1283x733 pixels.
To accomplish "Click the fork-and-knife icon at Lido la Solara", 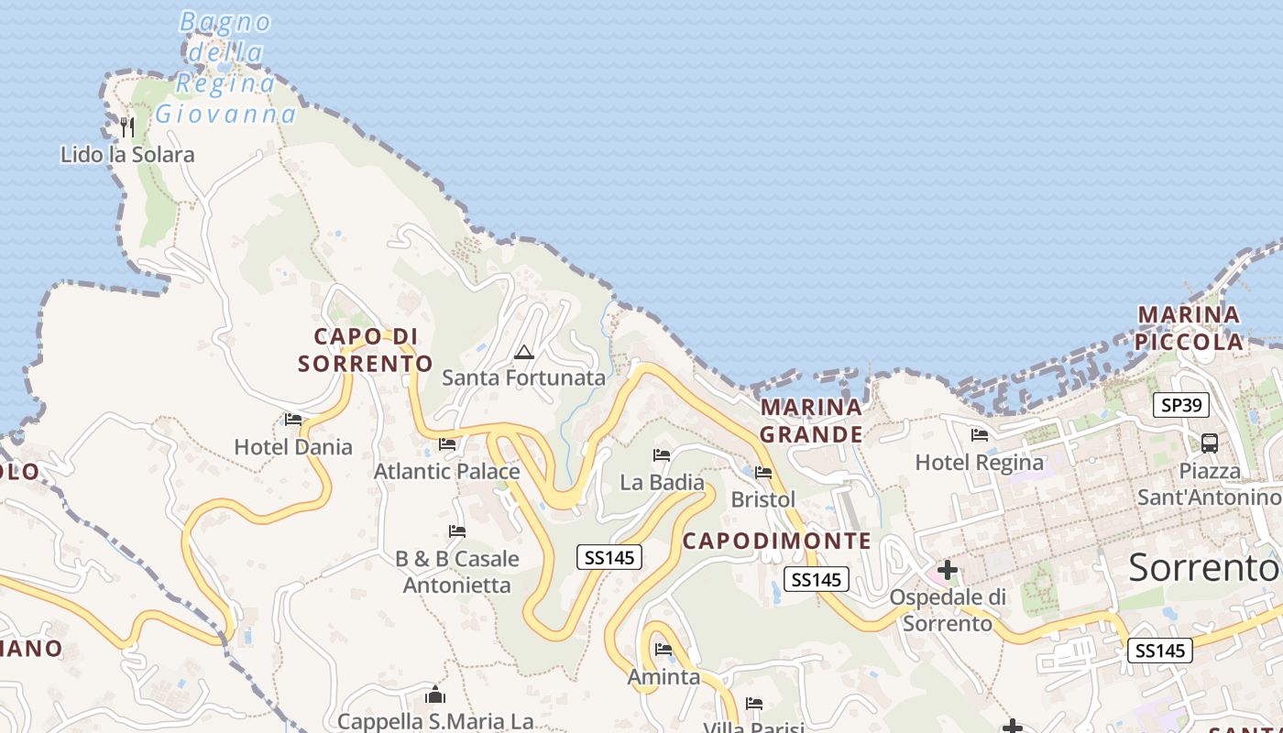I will [x=127, y=126].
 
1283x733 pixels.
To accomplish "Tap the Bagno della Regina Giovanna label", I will [x=226, y=69].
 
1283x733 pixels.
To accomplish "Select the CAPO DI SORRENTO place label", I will [x=366, y=350].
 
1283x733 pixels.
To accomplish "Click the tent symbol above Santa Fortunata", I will [x=523, y=352].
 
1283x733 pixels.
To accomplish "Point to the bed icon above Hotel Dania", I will [x=293, y=420].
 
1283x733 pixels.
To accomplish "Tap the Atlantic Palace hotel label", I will [x=446, y=471].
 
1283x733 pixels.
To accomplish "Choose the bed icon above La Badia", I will [x=662, y=455].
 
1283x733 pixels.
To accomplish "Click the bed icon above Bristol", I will [x=763, y=473].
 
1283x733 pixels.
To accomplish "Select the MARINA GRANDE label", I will [x=811, y=421].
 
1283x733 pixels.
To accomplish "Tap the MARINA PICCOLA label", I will [x=1190, y=328].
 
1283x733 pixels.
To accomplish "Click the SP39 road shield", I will [x=1180, y=405].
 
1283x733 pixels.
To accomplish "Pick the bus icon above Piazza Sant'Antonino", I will [x=1209, y=443].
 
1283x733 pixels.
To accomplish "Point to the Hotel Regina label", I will [x=979, y=463].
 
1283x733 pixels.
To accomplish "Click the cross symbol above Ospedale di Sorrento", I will [x=947, y=571].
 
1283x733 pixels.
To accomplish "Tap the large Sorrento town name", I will [x=1203, y=568].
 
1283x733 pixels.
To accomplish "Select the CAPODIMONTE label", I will [x=777, y=541].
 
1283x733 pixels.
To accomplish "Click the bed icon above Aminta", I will [x=663, y=650].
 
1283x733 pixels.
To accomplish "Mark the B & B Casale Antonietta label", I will [x=456, y=571].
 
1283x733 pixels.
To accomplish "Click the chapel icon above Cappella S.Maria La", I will [x=435, y=695].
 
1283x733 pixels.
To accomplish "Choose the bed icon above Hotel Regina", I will [x=979, y=435].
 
